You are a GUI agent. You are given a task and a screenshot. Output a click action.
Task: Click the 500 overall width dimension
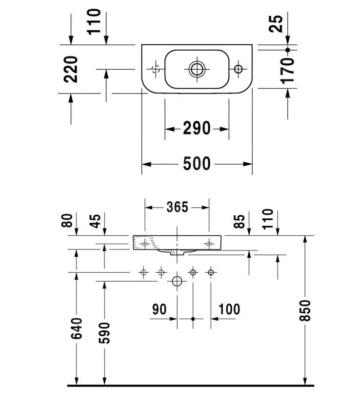coord(197,164)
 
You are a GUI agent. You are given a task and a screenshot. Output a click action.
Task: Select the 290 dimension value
coord(197,129)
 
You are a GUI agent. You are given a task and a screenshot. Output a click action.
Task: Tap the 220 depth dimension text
coord(71,69)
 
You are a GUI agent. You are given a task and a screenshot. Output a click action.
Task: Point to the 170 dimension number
coord(288,70)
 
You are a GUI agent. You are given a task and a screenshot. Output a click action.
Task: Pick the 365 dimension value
coord(177,207)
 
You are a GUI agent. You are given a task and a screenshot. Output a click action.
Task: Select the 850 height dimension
coord(305,310)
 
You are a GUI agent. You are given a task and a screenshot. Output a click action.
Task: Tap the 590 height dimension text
coord(104,332)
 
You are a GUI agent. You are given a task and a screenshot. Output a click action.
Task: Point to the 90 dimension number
coord(159,309)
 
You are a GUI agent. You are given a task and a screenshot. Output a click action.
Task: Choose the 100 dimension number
coord(229,309)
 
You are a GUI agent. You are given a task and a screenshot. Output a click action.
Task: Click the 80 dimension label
coord(69,221)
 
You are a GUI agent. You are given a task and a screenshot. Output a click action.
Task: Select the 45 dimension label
coord(96,221)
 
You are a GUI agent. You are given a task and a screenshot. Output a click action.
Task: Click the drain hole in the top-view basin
coord(197,69)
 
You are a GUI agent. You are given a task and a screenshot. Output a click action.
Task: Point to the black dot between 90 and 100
coord(193,319)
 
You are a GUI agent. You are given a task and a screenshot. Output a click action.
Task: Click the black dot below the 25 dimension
coord(288,50)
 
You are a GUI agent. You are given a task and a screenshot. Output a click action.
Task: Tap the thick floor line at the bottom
coord(190,386)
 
